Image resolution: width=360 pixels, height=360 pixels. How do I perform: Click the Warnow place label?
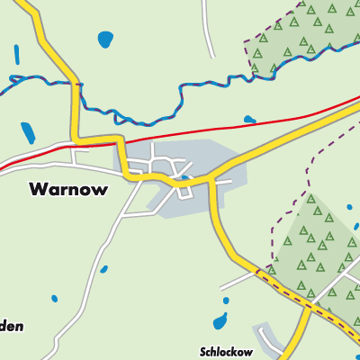point(69,190)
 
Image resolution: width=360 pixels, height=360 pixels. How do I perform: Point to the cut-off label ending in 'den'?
point(12,326)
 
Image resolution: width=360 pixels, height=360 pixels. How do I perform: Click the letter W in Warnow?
point(38,190)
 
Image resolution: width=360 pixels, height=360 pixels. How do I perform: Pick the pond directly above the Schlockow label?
point(220,321)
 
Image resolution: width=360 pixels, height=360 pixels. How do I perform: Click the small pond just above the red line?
point(249,118)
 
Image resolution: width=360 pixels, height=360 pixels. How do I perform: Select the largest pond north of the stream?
point(106,40)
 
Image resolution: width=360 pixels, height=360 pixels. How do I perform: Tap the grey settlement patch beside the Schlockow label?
point(270,337)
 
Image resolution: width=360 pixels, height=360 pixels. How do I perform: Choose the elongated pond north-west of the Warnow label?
point(29,133)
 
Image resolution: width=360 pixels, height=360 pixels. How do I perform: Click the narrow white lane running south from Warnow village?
point(99,261)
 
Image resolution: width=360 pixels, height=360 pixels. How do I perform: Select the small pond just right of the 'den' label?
point(55,298)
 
